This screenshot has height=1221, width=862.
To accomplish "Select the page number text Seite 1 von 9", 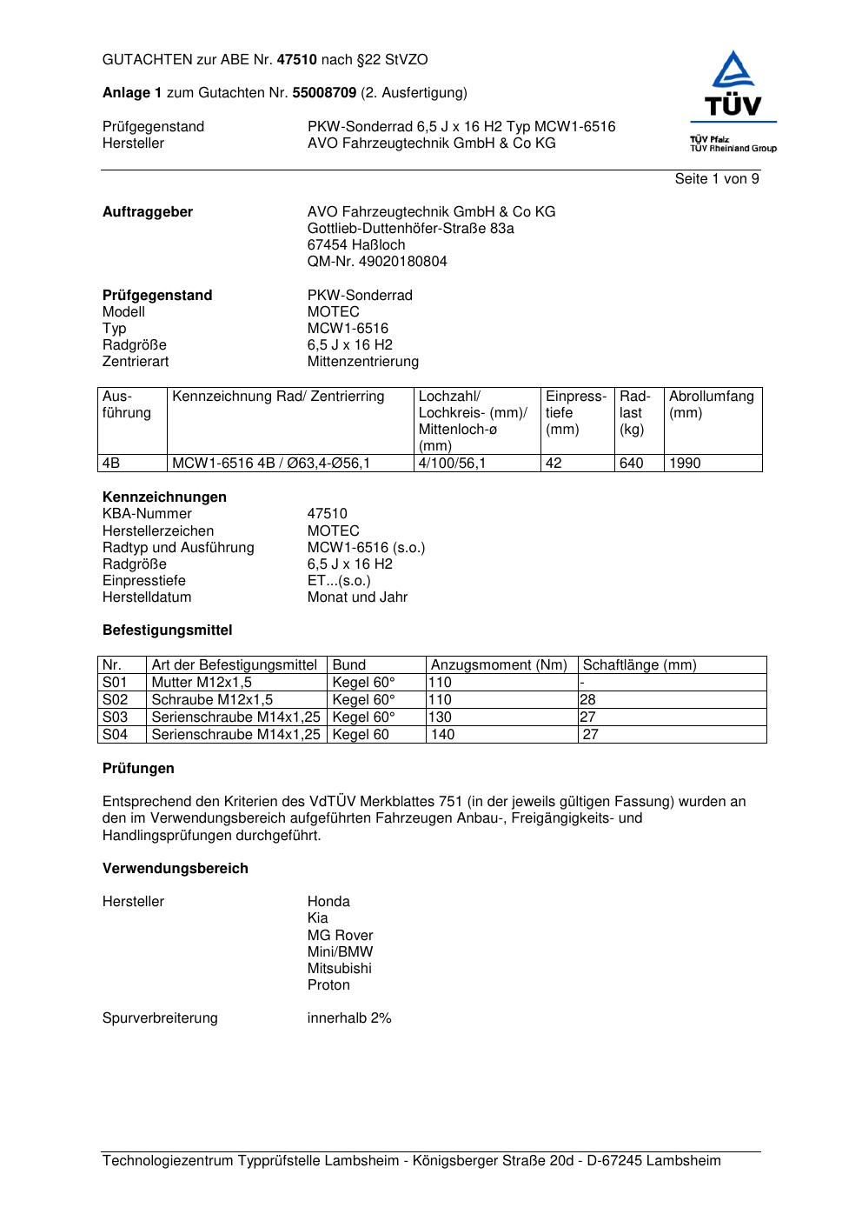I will tap(717, 179).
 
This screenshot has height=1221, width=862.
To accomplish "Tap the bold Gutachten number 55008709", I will tap(324, 93).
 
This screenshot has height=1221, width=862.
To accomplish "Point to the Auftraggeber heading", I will tap(148, 212).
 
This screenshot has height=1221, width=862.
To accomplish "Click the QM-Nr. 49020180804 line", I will tap(377, 262).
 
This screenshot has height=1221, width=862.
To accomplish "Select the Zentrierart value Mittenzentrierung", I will tap(362, 362).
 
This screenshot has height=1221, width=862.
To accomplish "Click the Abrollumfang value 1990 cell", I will tap(685, 464).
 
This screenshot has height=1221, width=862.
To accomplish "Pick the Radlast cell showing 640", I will tap(632, 464).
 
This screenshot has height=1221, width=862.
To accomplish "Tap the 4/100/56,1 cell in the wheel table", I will tap(452, 464).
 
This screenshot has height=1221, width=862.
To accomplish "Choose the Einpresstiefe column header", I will tap(575, 412).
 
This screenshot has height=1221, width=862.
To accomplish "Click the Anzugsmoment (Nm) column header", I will tap(499, 665).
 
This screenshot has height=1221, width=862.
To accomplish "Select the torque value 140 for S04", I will tap(443, 735).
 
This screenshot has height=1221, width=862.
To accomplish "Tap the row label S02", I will tap(115, 700).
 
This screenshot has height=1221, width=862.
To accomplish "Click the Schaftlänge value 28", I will tap(588, 700).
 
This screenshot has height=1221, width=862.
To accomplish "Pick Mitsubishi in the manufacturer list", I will tap(339, 969).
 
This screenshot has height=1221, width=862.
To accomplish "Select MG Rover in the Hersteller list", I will tap(340, 936).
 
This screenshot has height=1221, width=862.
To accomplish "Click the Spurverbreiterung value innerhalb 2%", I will tap(349, 1018).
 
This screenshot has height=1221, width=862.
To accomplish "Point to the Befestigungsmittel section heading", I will tap(167, 631).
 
